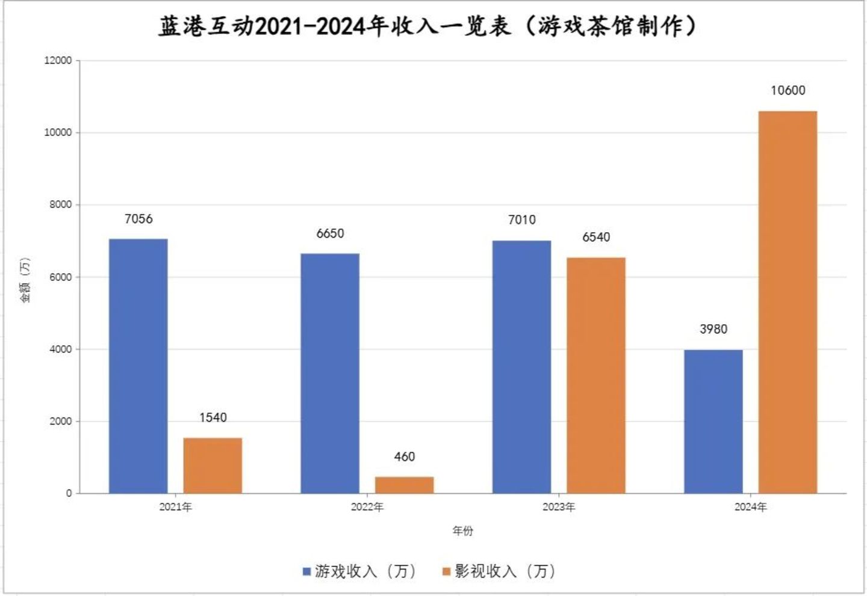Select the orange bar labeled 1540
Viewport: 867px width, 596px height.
point(213,465)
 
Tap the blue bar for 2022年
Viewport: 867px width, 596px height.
point(330,373)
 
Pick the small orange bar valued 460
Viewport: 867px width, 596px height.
point(404,485)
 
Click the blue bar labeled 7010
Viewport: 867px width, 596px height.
point(521,367)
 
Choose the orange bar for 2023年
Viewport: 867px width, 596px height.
point(596,375)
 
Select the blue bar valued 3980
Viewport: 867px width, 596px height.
point(713,421)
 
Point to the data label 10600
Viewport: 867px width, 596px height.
point(788,91)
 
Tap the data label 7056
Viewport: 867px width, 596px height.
point(138,220)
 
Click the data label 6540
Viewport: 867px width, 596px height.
point(596,238)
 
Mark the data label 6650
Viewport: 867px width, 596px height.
point(330,234)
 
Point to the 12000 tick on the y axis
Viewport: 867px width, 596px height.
point(58,61)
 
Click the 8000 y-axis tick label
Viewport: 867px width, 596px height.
point(60,205)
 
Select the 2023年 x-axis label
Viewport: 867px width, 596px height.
point(559,508)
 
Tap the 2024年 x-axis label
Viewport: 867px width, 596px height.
point(750,508)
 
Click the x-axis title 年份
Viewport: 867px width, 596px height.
point(463,531)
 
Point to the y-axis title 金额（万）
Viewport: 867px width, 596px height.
point(25,280)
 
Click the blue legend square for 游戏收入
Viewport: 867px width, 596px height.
point(307,571)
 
